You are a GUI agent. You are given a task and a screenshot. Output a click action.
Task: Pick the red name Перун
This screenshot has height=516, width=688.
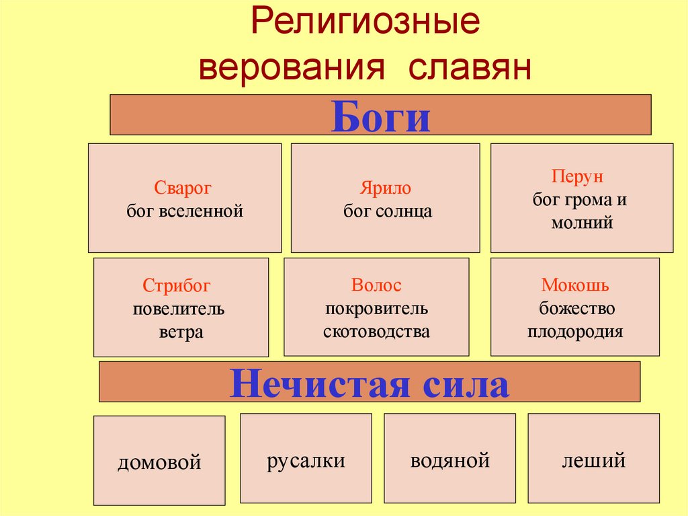578,177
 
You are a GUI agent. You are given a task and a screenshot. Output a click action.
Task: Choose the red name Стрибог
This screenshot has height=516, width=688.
177,286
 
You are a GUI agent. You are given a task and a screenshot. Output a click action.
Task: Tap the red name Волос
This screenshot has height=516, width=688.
376,285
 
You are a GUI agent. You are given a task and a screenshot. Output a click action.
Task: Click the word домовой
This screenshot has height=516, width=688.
159,463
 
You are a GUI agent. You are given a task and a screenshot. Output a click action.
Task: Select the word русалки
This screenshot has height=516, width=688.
306,461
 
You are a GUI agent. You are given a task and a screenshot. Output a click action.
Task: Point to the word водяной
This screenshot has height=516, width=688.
450,461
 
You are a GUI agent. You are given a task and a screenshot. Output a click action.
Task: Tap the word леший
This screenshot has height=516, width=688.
594,461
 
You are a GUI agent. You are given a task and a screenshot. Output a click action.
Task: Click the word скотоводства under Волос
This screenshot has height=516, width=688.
376,332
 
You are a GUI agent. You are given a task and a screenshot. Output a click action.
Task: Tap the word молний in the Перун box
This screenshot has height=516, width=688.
582,223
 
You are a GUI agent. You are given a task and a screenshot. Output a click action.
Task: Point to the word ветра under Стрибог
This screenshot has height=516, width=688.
181,332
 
